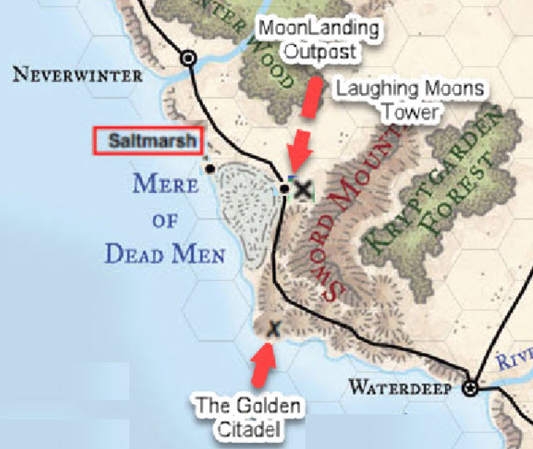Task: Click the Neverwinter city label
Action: (x=77, y=75)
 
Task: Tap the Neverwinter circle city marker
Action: (x=189, y=58)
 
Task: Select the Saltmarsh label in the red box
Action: (x=148, y=141)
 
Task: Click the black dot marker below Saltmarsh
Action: (x=211, y=169)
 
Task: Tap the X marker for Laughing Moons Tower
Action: (x=302, y=190)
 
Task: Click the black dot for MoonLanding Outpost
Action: (x=284, y=188)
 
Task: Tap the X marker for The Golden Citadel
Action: (x=274, y=328)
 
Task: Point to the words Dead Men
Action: (x=165, y=254)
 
